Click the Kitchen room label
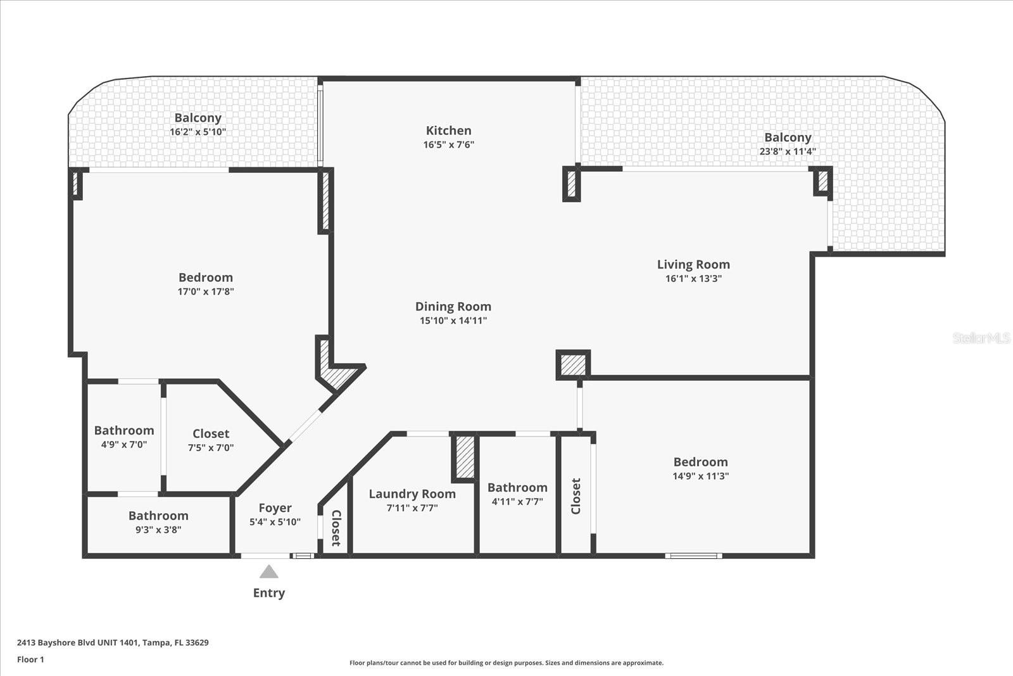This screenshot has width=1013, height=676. pos(449,131)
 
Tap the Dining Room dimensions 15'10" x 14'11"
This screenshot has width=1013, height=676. pos(453,321)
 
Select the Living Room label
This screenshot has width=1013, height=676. pos(693,264)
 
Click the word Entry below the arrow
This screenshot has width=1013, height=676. pos(269,593)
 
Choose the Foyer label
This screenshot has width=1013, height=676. pos(275,508)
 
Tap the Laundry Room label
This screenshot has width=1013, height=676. pos(412,494)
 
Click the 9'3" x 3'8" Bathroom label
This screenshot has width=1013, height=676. pos(158,515)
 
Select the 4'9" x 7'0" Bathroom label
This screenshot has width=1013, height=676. pos(124,430)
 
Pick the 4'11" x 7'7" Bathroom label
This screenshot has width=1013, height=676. pos(517,487)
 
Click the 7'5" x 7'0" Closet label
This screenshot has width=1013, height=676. pos(211,433)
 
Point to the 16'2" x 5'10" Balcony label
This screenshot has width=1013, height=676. pos(198,118)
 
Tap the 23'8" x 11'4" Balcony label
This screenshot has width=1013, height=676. pos(788,137)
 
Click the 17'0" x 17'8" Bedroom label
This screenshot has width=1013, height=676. pos(206,277)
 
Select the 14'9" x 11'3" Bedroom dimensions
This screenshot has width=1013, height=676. pos(700,476)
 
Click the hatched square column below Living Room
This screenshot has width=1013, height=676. pos(573,365)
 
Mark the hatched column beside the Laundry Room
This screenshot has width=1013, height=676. pos(465,457)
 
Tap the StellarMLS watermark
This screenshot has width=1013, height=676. pos(981,338)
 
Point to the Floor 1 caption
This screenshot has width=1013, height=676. pos(31,660)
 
